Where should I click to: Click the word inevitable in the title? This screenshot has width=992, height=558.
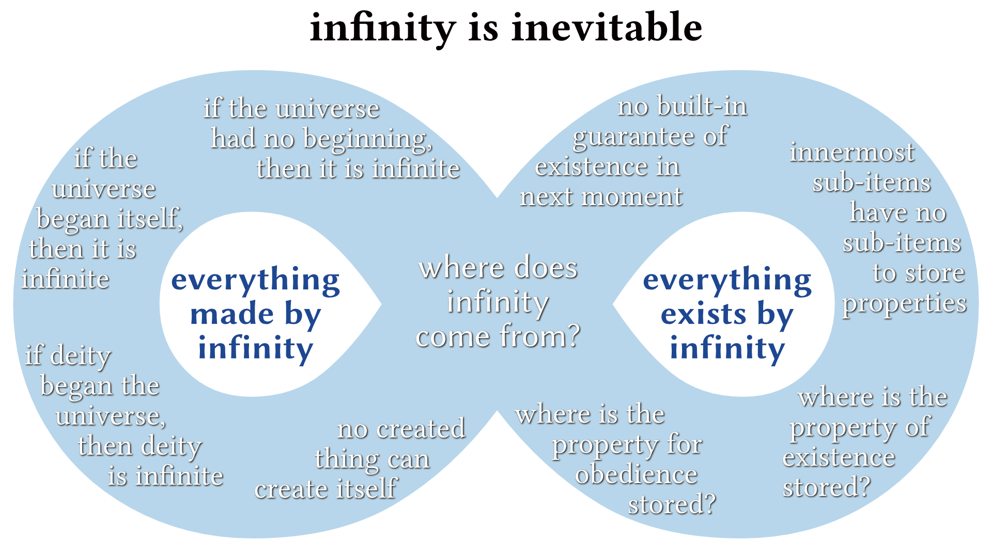pos(607,27)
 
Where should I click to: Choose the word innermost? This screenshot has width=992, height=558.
pos(852,152)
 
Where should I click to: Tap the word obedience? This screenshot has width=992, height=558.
pos(637,474)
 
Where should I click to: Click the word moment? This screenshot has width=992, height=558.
pos(631,197)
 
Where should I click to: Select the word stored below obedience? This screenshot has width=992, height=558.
pos(672,504)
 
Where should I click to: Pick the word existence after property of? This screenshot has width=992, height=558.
pos(839,458)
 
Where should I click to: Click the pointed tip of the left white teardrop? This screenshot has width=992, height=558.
pos(381,304)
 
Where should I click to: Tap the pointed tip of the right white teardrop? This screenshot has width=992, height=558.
pos(613,304)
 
